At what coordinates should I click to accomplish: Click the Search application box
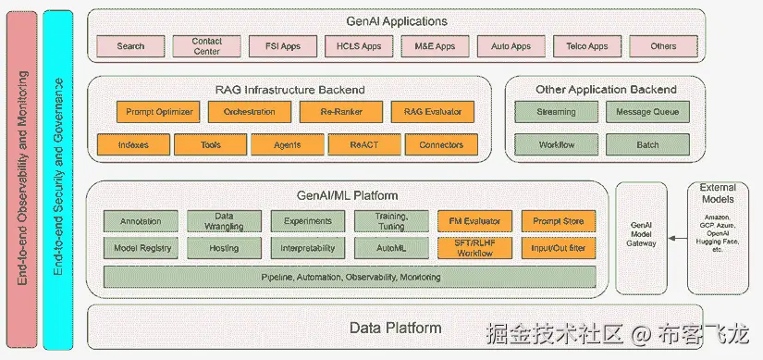pos(130,46)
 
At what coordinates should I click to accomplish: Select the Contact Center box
pos(206,46)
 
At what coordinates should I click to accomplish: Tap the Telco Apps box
pos(587,46)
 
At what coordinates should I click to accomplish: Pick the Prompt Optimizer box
pos(159,112)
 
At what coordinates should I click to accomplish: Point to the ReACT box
pos(364,144)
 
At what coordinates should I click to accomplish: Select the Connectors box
pos(441,144)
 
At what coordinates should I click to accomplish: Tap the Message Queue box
pos(647,112)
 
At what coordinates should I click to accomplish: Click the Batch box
pos(647,144)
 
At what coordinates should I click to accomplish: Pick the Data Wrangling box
pos(225,221)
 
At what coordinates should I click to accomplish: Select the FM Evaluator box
pos(475,221)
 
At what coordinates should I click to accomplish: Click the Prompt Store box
pos(559,221)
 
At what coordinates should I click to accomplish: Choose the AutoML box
pos(392,248)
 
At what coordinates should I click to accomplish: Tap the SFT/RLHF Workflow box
pos(475,248)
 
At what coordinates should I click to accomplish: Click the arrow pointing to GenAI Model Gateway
pos(678,239)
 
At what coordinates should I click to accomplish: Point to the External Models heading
pos(718,192)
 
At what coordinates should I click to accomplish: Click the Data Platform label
pos(395,328)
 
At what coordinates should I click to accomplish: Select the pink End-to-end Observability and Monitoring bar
pos(22,180)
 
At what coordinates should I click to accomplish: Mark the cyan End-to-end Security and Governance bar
pos(58,180)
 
